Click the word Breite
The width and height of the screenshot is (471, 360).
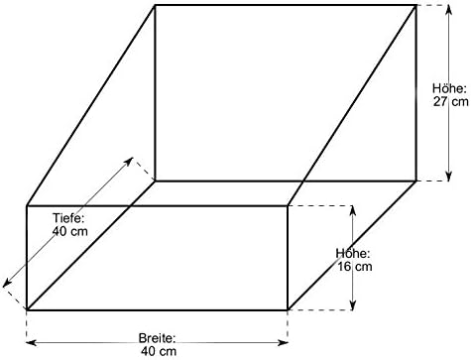(x=157, y=338)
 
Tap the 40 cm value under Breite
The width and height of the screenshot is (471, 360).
(x=159, y=351)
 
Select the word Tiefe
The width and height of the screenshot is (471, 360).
(x=69, y=218)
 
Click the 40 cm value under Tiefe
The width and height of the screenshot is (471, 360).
(x=70, y=231)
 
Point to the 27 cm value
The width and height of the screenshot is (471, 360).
(x=451, y=101)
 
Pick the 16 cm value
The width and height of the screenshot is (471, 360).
(x=355, y=267)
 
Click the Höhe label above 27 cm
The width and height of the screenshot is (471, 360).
(x=449, y=88)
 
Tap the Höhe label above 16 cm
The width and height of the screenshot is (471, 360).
(x=353, y=254)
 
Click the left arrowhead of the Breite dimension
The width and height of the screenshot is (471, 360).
(x=31, y=343)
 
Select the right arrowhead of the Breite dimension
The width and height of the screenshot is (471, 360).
(x=284, y=343)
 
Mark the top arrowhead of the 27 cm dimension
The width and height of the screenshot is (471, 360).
(x=448, y=10)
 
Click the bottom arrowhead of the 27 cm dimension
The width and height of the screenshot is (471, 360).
(x=448, y=177)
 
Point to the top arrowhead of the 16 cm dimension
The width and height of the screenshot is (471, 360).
(x=353, y=210)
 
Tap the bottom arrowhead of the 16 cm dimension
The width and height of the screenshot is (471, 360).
(x=353, y=305)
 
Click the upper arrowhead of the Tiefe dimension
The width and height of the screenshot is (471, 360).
(x=129, y=161)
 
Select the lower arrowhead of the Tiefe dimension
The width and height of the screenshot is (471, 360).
(x=7, y=284)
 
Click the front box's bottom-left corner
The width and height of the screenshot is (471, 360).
(x=27, y=310)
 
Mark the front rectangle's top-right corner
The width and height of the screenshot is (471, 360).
(x=288, y=205)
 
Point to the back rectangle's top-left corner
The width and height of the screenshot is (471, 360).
(x=155, y=5)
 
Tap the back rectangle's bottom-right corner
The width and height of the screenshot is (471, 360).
(x=415, y=180)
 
